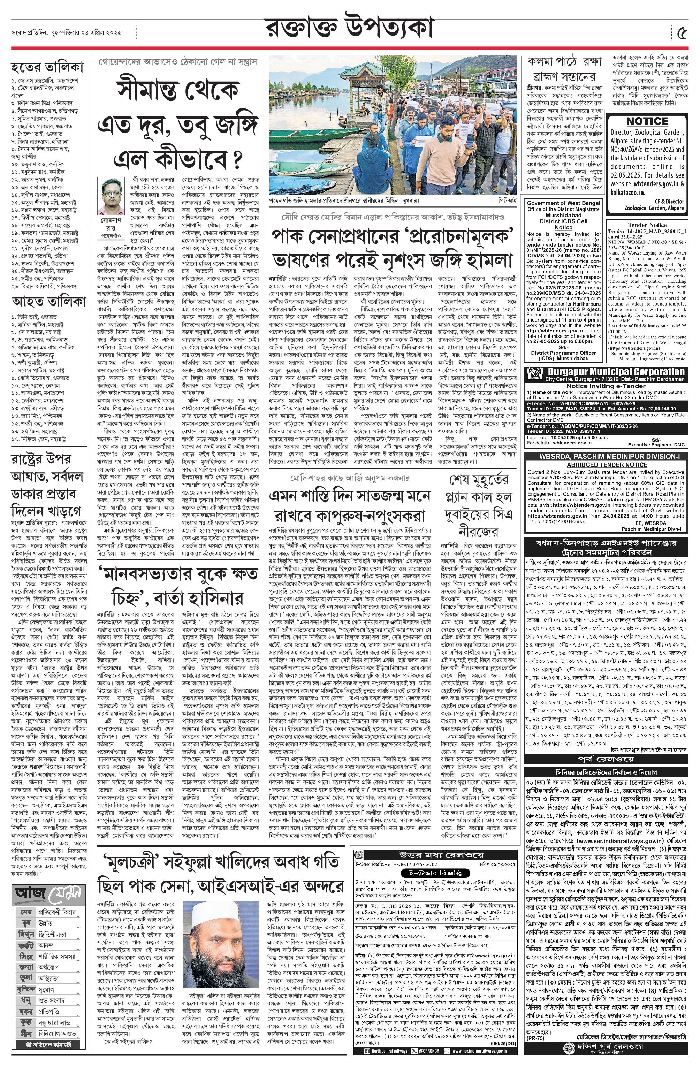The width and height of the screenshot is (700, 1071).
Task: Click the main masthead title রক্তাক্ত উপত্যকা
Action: tap(350, 30)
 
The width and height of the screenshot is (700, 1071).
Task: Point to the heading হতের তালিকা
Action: tap(47, 68)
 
